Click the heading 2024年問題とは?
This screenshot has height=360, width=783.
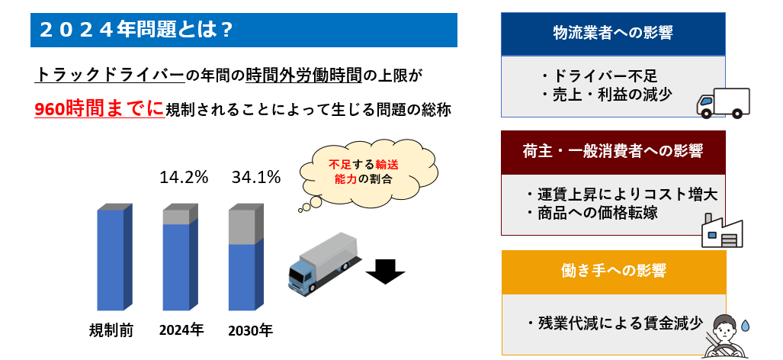coord(135,31)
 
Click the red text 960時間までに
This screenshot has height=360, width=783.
coord(99,109)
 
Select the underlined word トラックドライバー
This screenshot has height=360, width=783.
coord(110,76)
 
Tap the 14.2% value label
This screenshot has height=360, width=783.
coord(184,177)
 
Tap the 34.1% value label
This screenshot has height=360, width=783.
coord(256,177)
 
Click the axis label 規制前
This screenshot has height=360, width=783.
coord(111,330)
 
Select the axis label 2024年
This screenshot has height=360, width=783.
coord(181,330)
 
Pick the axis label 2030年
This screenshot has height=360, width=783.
coord(250,330)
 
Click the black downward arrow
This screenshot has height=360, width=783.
coord(385,271)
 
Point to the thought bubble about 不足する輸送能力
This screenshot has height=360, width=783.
coord(367,172)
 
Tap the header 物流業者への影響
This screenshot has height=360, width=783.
coord(613,33)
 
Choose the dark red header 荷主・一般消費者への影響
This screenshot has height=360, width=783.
coord(613,152)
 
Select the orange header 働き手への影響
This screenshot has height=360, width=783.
coord(613,271)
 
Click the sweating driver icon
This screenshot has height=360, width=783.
coord(726,336)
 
